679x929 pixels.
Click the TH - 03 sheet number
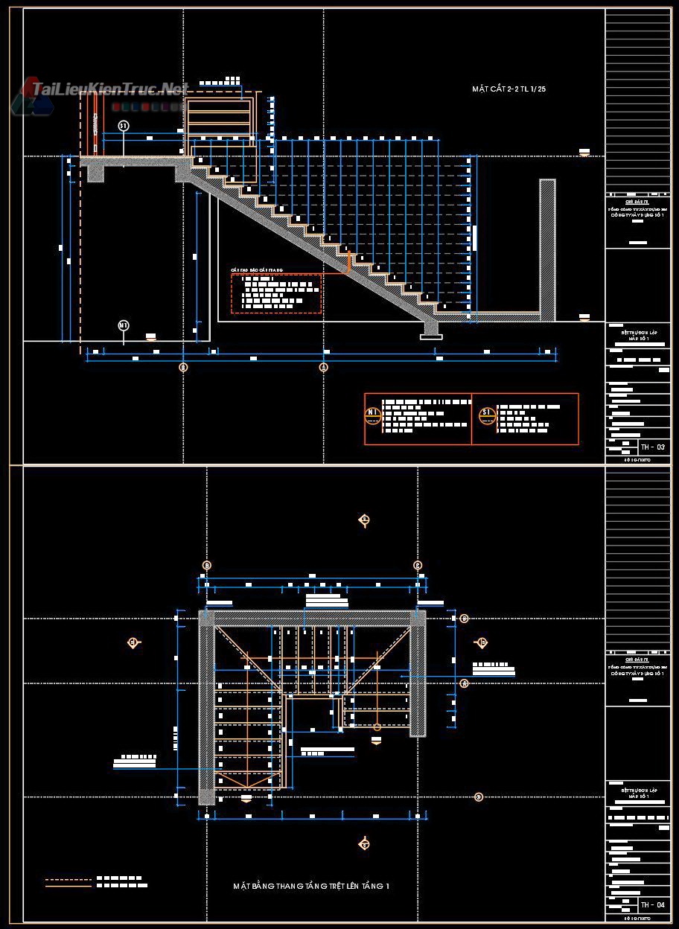coord(654,447)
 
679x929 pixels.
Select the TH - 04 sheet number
coord(654,905)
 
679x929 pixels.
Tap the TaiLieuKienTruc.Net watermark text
coord(109,90)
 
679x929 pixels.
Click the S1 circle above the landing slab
coord(124,126)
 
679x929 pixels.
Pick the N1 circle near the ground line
coord(124,325)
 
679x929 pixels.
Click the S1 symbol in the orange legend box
coord(487,414)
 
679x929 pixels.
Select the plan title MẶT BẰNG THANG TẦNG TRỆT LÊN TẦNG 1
coord(311,886)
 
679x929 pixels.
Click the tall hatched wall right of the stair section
coord(547,249)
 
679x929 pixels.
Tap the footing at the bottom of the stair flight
coord(430,331)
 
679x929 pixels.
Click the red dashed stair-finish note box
coord(276,293)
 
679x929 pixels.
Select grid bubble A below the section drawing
coord(323,367)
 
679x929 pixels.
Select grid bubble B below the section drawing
coord(183,367)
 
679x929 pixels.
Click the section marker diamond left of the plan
coord(134,642)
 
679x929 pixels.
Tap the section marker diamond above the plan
coord(364,520)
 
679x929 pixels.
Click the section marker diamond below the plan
coord(364,844)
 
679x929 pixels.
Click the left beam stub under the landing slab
coord(95,173)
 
